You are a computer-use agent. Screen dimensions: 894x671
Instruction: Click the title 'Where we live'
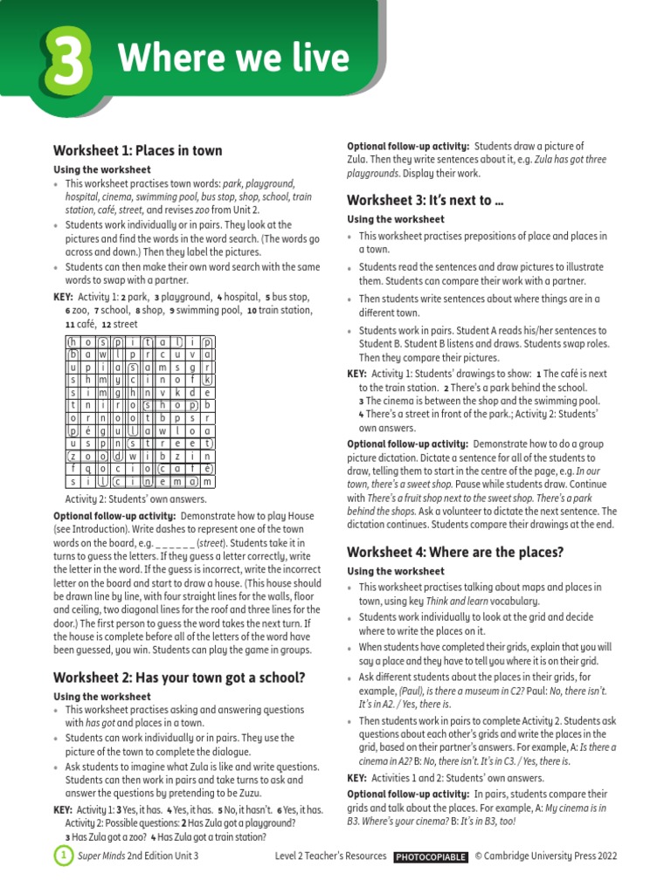coord(233,59)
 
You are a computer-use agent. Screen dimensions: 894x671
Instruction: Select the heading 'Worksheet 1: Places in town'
coord(138,150)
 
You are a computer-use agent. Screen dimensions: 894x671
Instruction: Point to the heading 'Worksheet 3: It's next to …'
coord(425,200)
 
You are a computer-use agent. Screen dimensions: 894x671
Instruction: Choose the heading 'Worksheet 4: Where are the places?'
coord(455,552)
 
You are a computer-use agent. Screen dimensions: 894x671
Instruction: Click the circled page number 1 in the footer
coord(63,856)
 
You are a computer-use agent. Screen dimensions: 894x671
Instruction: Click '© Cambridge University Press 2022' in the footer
coord(546,856)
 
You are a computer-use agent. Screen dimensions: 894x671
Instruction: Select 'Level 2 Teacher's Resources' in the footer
coord(330,856)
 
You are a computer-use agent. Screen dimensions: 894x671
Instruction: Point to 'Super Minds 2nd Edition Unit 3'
coord(138,856)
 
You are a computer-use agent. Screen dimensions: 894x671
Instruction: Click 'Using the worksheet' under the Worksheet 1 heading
coord(102,169)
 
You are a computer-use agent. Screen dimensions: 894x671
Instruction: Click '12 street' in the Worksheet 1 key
coord(119,324)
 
